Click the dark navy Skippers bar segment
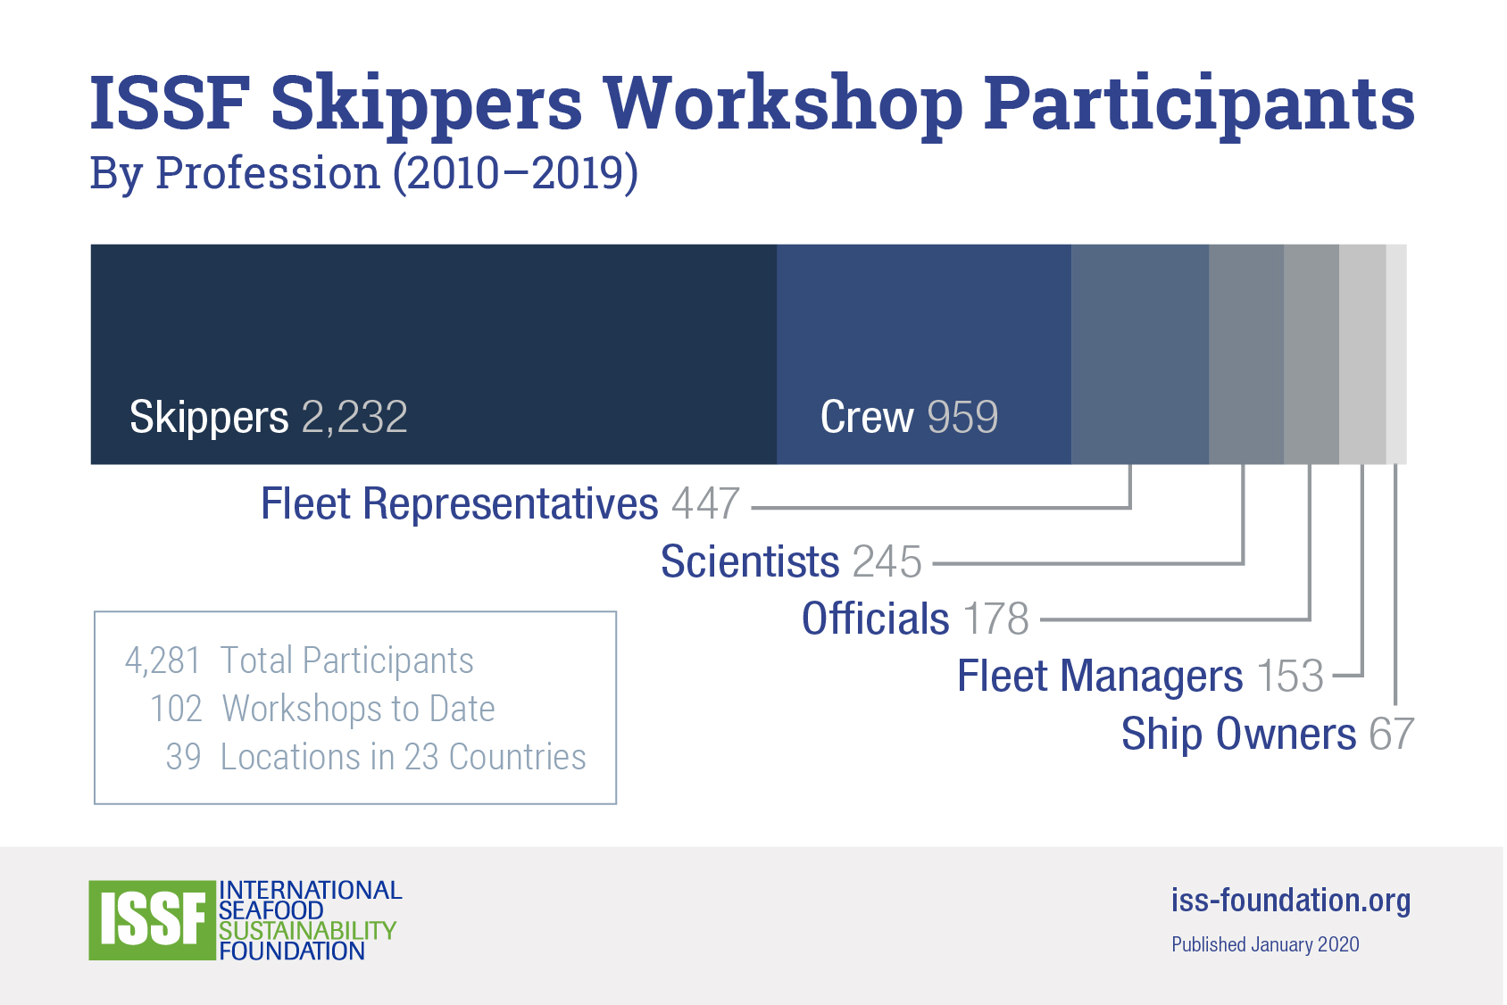click(434, 353)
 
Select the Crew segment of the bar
click(924, 353)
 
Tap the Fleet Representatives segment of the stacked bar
click(1140, 353)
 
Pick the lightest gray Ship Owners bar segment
click(1396, 353)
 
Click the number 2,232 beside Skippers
click(354, 417)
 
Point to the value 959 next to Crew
click(962, 417)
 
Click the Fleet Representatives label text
click(460, 504)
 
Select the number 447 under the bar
click(705, 503)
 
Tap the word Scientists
click(750, 561)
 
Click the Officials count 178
click(996, 619)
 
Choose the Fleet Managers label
click(1100, 676)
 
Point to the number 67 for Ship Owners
click(1391, 734)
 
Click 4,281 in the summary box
click(162, 660)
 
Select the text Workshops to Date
click(359, 709)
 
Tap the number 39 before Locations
click(184, 757)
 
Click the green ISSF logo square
click(153, 920)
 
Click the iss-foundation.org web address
click(1291, 901)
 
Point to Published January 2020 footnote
click(1265, 944)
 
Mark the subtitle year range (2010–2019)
click(515, 173)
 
